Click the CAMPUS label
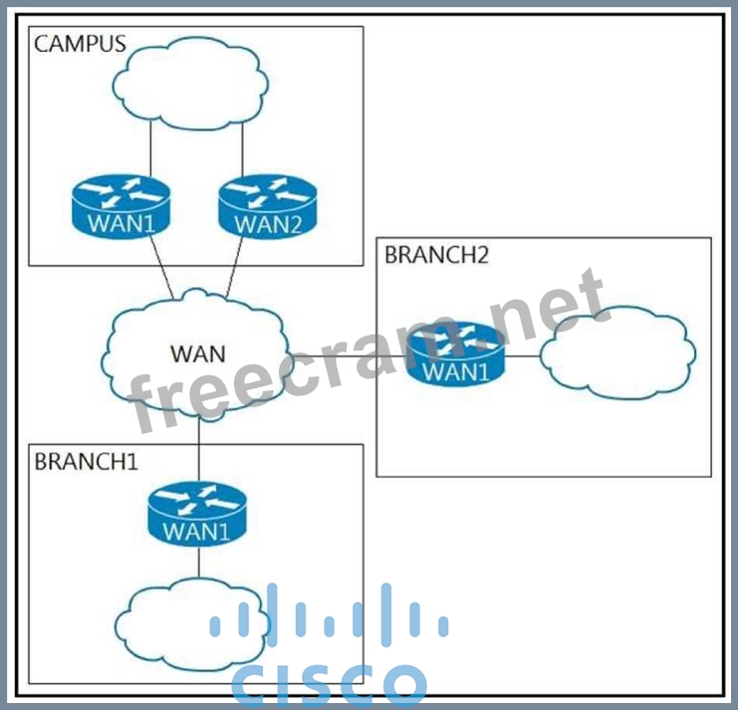point(80,44)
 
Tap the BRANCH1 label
point(86,462)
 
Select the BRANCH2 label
point(436,255)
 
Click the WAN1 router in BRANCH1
point(196,514)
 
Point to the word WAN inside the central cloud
point(197,354)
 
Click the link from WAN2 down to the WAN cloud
point(236,268)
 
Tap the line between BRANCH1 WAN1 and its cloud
point(198,563)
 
